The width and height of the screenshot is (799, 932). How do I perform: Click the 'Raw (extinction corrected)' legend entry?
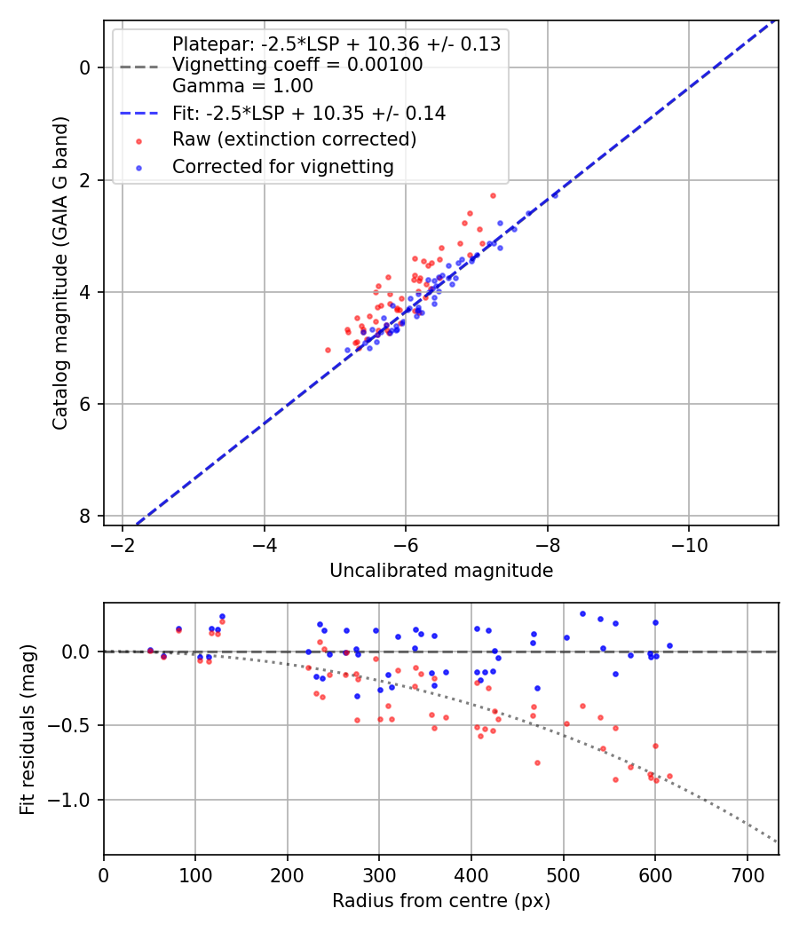[x=294, y=139]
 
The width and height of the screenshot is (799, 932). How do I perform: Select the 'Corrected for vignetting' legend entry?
[x=282, y=166]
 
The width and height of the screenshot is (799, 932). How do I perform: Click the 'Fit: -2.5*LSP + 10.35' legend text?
[x=308, y=114]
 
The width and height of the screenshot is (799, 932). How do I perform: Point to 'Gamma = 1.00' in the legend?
[x=242, y=86]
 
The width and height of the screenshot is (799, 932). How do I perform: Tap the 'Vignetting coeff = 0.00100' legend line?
[x=297, y=65]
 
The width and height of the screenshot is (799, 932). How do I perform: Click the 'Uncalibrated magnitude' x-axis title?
[x=441, y=571]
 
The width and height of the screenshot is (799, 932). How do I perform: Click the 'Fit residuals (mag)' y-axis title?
[x=28, y=729]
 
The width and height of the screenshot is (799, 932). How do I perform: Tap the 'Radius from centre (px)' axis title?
[x=441, y=901]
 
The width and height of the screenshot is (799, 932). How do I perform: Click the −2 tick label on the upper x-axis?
[x=123, y=544]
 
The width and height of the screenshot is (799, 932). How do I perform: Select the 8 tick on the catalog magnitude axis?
[x=85, y=516]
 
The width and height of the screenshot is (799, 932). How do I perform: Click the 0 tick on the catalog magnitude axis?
[x=85, y=67]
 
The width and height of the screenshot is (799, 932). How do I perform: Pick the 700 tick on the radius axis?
[x=747, y=873]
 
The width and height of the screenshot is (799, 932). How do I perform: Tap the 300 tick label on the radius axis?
[x=379, y=873]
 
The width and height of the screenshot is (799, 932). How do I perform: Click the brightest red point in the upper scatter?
[x=493, y=195]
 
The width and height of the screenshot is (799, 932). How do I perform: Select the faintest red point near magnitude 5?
[x=328, y=350]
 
